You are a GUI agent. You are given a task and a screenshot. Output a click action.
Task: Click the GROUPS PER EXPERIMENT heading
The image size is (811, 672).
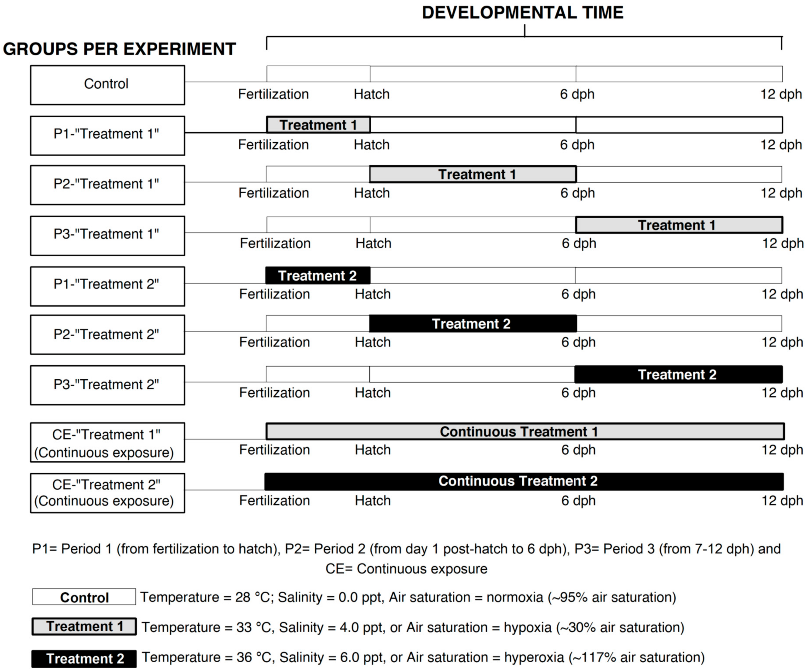point(119,49)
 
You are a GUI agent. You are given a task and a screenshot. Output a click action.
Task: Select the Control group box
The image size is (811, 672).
point(107,85)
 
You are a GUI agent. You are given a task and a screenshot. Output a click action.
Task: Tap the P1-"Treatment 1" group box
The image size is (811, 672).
point(107,136)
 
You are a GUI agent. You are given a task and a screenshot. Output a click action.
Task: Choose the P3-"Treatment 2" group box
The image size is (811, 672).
point(107,385)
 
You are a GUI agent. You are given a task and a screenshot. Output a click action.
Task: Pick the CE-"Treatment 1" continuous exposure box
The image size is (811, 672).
point(107,443)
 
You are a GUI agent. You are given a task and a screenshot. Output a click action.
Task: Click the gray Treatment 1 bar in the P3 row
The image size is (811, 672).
point(679,225)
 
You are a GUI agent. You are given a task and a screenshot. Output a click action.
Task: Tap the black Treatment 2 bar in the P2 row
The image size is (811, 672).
point(473,324)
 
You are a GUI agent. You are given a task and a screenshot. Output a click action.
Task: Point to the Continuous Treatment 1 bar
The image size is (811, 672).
point(525,431)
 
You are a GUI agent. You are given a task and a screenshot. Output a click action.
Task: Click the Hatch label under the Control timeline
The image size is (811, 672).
point(371,94)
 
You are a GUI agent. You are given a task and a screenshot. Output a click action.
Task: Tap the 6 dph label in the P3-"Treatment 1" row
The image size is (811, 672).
point(578,243)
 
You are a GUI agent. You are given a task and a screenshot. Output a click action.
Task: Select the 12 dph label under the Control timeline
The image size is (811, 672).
point(781,94)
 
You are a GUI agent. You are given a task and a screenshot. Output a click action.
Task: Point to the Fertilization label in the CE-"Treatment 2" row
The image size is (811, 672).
point(274,501)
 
